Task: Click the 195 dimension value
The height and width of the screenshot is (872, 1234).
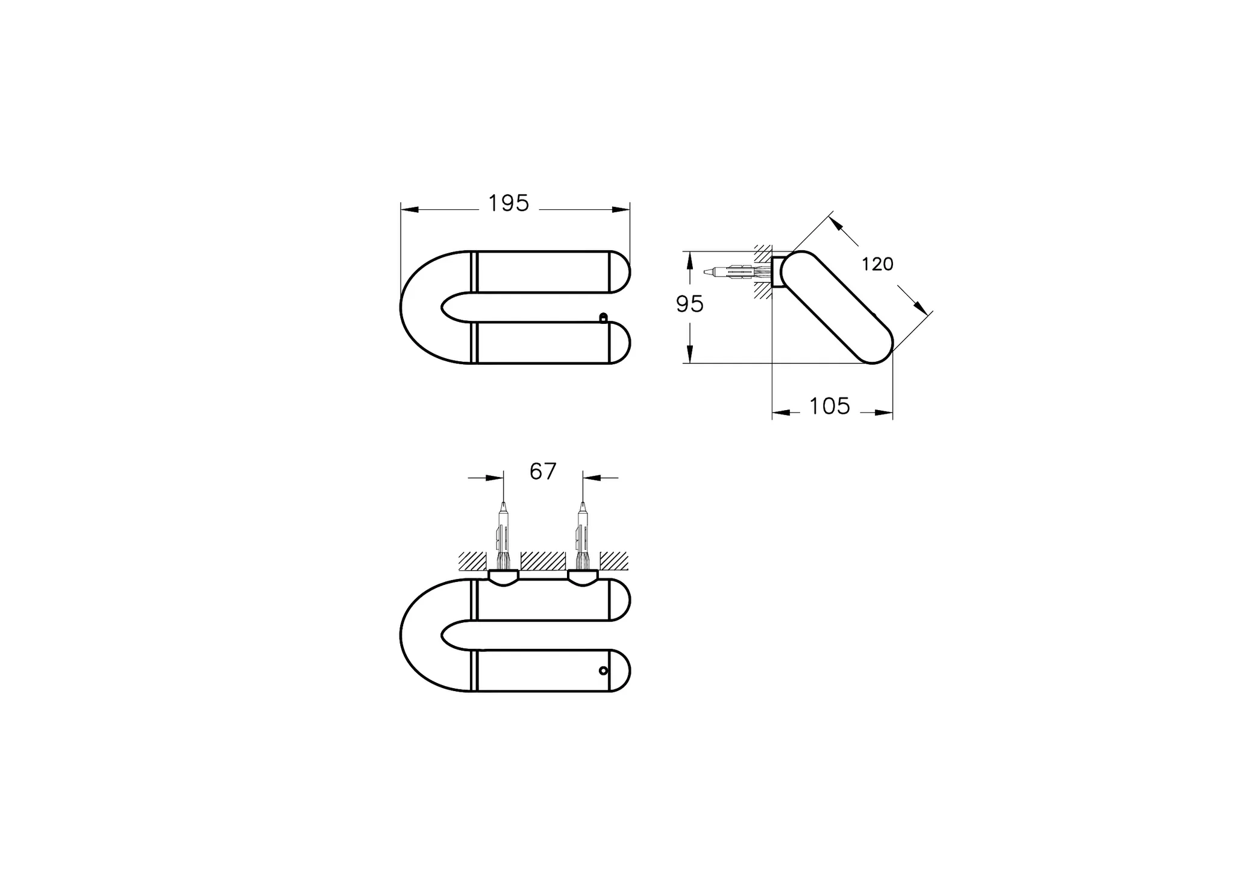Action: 509,204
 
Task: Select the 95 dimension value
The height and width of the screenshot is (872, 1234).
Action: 689,305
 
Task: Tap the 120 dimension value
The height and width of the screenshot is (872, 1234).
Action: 877,264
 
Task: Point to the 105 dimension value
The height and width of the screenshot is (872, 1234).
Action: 830,406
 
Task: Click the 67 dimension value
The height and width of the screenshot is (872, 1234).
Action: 543,472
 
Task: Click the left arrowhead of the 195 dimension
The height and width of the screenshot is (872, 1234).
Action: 410,209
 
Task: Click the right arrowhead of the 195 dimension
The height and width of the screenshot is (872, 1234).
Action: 621,209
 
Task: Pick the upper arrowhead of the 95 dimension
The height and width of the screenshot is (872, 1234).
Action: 690,260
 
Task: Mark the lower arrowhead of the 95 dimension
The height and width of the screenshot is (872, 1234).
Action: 690,354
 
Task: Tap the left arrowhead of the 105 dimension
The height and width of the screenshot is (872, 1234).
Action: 781,412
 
